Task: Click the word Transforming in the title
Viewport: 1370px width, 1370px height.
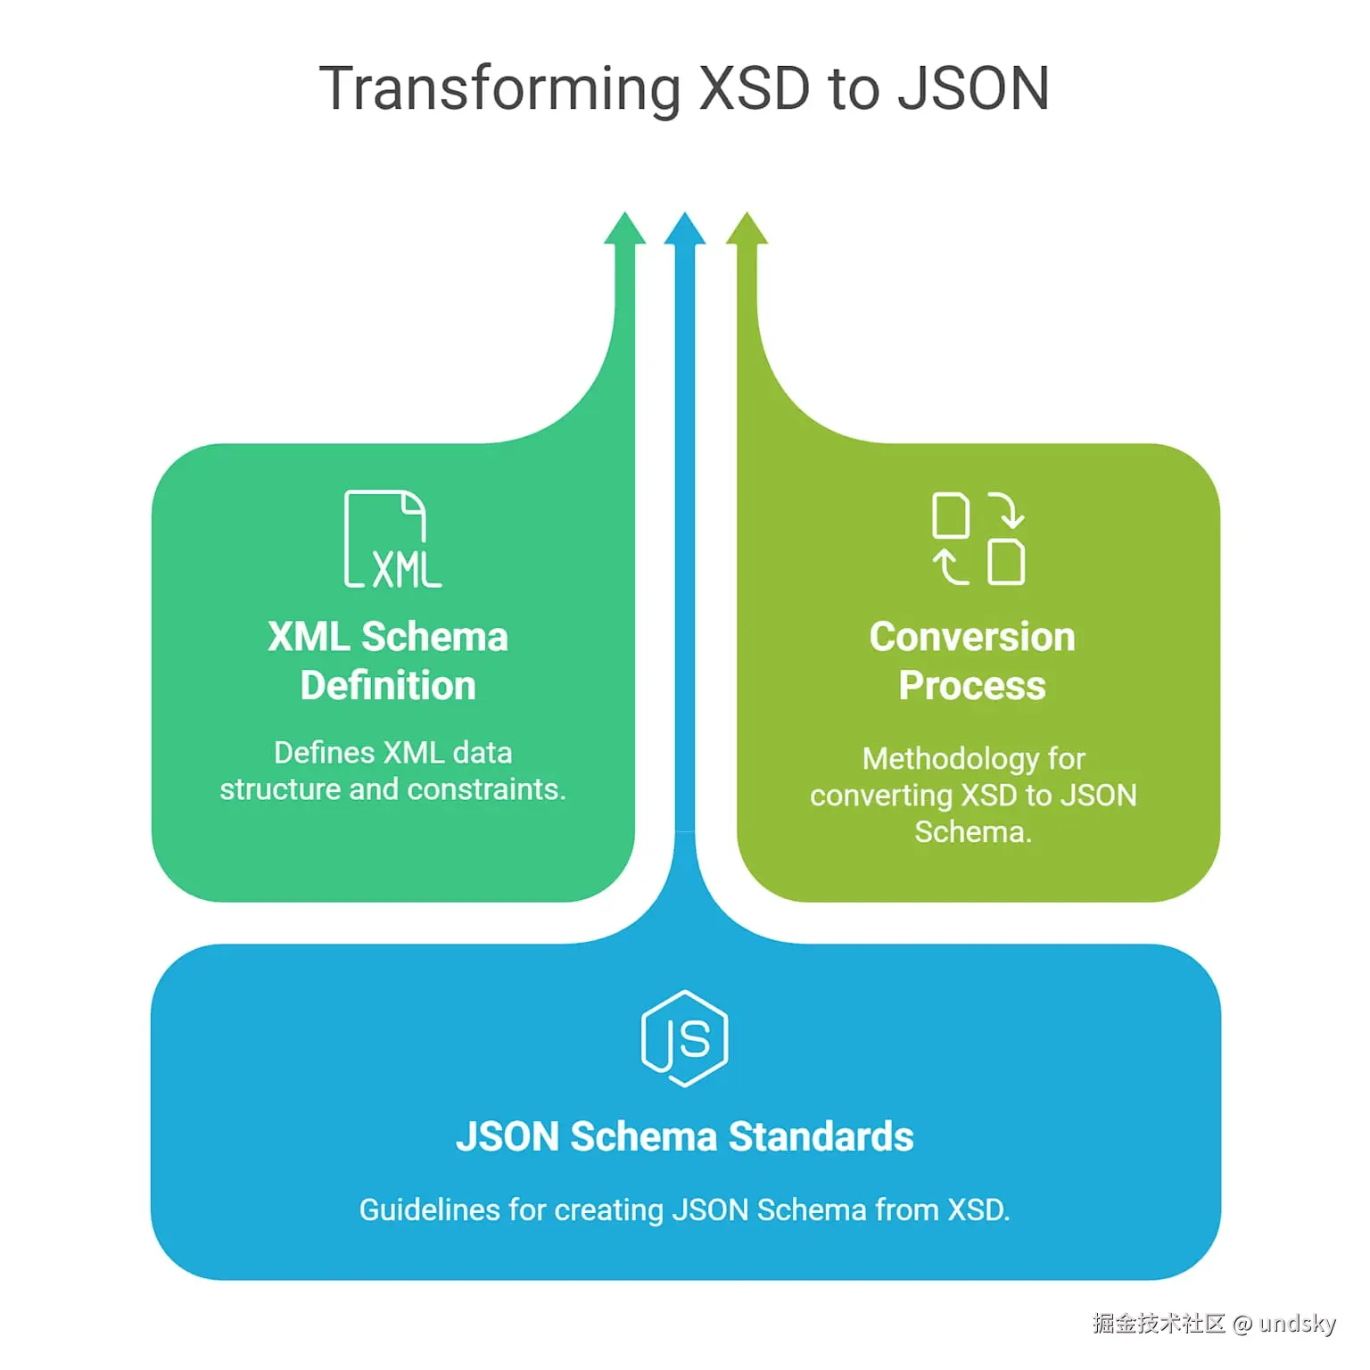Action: [x=500, y=89]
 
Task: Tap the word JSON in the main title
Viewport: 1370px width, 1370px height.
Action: [x=973, y=89]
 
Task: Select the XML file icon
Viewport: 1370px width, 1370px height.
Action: [x=392, y=539]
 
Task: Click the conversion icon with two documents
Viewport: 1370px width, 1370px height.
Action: [x=978, y=538]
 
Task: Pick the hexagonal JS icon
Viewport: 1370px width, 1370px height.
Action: [x=685, y=1038]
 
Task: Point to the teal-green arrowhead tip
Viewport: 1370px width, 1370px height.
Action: [x=624, y=227]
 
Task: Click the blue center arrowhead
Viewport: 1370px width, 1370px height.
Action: [x=685, y=228]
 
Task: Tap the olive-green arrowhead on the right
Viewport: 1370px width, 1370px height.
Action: [x=747, y=227]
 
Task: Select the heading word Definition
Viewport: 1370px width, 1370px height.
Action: [x=388, y=686]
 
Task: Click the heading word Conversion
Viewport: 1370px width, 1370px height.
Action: [x=972, y=637]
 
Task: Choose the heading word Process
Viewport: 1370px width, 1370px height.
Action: [x=972, y=686]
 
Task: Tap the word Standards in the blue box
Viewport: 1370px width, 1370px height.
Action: [x=821, y=1137]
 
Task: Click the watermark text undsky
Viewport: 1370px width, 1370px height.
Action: [x=1297, y=1324]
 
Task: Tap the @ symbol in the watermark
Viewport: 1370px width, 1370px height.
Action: [x=1242, y=1325]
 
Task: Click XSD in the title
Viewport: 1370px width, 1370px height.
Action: [x=755, y=89]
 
